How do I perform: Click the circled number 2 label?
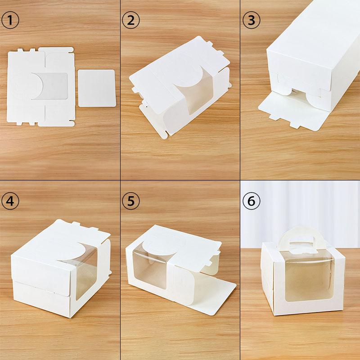pyautogui.click(x=130, y=21)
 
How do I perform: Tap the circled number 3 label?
pyautogui.click(x=251, y=21)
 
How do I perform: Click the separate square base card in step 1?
pyautogui.click(x=97, y=87)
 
